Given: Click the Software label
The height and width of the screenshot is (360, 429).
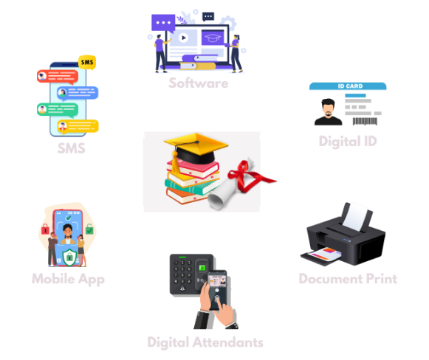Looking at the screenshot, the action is (199, 83).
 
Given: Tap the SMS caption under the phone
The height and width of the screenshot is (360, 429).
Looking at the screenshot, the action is (71, 148).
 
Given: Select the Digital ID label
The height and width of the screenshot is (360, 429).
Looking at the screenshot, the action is (348, 142).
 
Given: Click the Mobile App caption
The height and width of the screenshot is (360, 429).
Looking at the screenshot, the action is (68, 279).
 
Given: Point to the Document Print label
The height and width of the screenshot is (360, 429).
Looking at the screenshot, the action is (348, 279).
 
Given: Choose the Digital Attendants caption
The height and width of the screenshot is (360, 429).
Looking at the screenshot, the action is (205, 342).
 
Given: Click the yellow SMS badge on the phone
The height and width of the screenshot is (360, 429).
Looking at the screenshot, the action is (87, 62).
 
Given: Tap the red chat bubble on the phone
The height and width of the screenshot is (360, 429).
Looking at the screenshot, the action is (58, 77).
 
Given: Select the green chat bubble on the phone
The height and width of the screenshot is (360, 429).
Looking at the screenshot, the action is (58, 110).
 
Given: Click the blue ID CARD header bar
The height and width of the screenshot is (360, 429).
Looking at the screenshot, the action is (348, 86).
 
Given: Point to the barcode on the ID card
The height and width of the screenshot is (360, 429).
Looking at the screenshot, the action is (365, 121).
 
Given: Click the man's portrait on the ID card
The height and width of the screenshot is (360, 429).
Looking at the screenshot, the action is (328, 112).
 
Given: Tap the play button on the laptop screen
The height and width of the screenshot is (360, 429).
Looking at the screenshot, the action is (183, 38).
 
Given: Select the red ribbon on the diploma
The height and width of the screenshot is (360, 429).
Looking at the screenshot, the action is (247, 176).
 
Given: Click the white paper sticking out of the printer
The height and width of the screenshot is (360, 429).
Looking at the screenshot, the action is (355, 217).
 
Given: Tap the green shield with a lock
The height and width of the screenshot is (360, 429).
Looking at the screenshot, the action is (69, 257).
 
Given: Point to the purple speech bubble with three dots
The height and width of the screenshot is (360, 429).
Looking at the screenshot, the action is (163, 23).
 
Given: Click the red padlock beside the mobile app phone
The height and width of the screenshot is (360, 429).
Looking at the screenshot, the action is (45, 229).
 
